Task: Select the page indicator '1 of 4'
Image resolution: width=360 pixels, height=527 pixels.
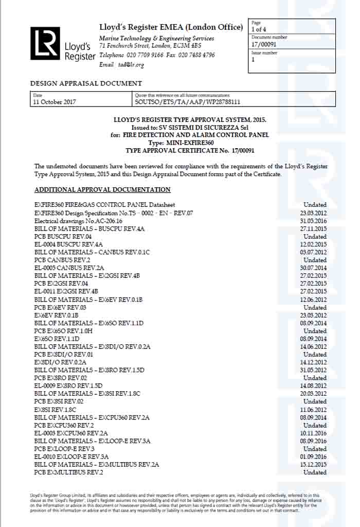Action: (x=259, y=29)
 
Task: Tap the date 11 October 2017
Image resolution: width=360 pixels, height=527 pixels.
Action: (x=55, y=102)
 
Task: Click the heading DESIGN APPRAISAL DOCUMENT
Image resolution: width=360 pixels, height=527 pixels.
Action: (x=86, y=83)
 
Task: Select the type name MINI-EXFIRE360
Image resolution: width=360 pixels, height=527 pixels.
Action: (x=188, y=143)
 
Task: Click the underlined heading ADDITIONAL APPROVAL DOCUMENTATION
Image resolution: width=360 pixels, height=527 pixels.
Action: (x=102, y=190)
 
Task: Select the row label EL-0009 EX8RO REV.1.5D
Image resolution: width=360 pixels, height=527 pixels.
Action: (x=68, y=385)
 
